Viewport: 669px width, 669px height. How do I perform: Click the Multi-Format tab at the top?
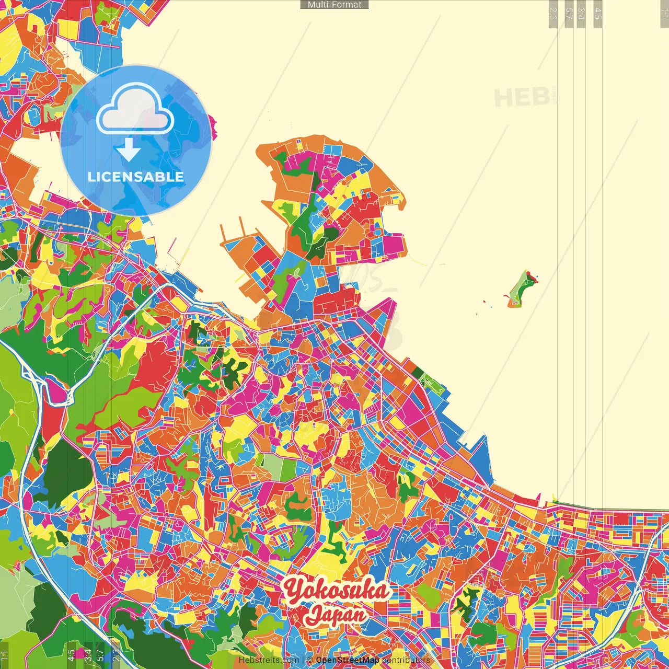334,5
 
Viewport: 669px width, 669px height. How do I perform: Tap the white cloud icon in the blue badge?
135,110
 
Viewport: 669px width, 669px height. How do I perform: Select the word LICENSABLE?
136,177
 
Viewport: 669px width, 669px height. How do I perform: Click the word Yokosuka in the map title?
337,591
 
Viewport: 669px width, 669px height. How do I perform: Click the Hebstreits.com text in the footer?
269,660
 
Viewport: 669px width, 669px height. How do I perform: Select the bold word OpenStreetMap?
348,660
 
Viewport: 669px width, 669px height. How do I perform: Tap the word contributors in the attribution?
406,660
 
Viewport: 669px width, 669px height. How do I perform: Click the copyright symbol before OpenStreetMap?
310,660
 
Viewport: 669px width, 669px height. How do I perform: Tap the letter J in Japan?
314,616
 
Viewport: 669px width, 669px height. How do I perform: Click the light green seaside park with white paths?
433,384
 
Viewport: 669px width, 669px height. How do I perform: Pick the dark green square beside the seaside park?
418,372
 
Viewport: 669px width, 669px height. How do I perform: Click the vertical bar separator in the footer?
303,660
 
